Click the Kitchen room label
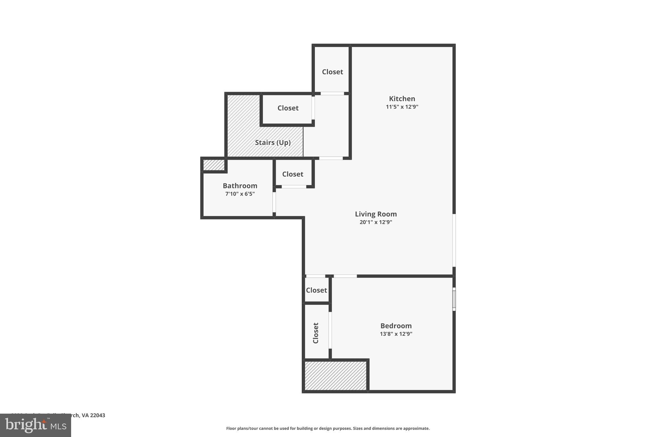pos(402,99)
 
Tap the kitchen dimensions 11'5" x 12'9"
pos(402,107)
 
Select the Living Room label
pos(376,214)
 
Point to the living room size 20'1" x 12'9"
pos(376,222)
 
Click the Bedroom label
pos(396,326)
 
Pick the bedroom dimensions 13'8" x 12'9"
pos(396,334)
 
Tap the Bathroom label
pos(240,186)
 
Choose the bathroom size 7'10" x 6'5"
pos(240,194)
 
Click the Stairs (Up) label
pos(273,142)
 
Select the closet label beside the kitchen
pos(332,72)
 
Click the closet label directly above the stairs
pos(288,108)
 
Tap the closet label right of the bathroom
pos(292,174)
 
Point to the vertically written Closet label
pos(316,333)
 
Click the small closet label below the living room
pos(316,290)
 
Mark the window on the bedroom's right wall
pos(454,299)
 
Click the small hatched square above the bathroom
pos(214,165)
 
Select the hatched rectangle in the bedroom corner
pos(335,376)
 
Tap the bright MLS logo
pos(36,425)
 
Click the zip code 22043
pos(97,415)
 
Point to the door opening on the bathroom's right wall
pos(274,202)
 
